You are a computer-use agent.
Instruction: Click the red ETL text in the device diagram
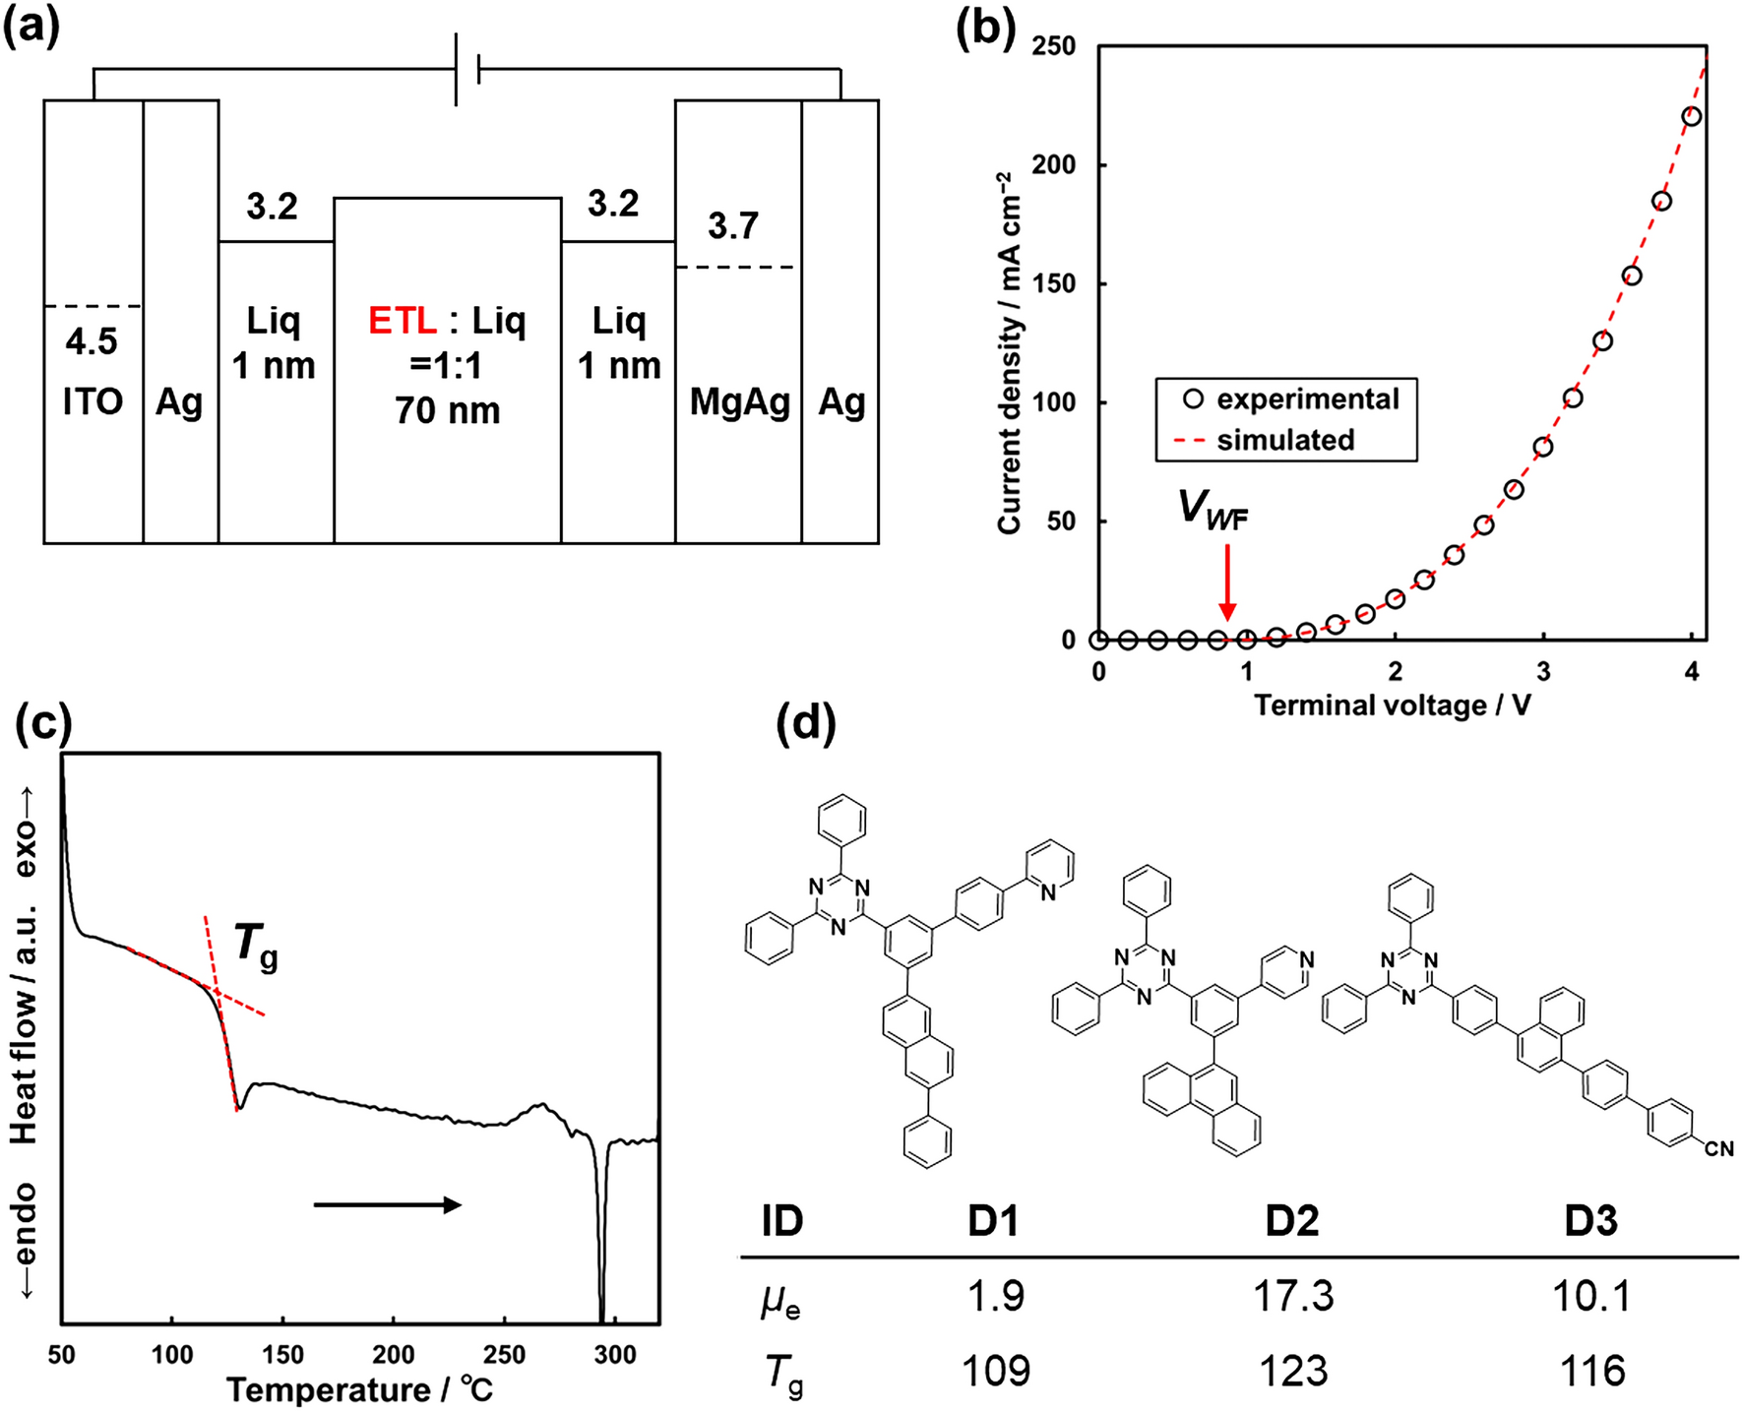point(403,321)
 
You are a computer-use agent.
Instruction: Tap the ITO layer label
point(93,401)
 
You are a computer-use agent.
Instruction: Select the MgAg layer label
point(740,401)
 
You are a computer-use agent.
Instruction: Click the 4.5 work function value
point(92,341)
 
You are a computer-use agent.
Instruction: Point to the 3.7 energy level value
point(733,226)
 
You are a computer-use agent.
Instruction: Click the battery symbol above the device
point(467,69)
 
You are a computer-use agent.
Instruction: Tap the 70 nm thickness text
point(448,410)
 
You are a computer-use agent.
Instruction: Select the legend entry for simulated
point(1284,440)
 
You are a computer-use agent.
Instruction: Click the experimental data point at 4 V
point(1692,117)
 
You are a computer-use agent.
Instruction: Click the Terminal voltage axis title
point(1393,705)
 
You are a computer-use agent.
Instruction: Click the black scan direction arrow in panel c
point(388,1205)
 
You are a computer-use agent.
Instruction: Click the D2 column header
point(1291,1221)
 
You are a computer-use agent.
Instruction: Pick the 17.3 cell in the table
point(1292,1296)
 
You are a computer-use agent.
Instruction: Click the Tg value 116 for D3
point(1591,1371)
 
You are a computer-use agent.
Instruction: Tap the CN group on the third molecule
point(1718,1148)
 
